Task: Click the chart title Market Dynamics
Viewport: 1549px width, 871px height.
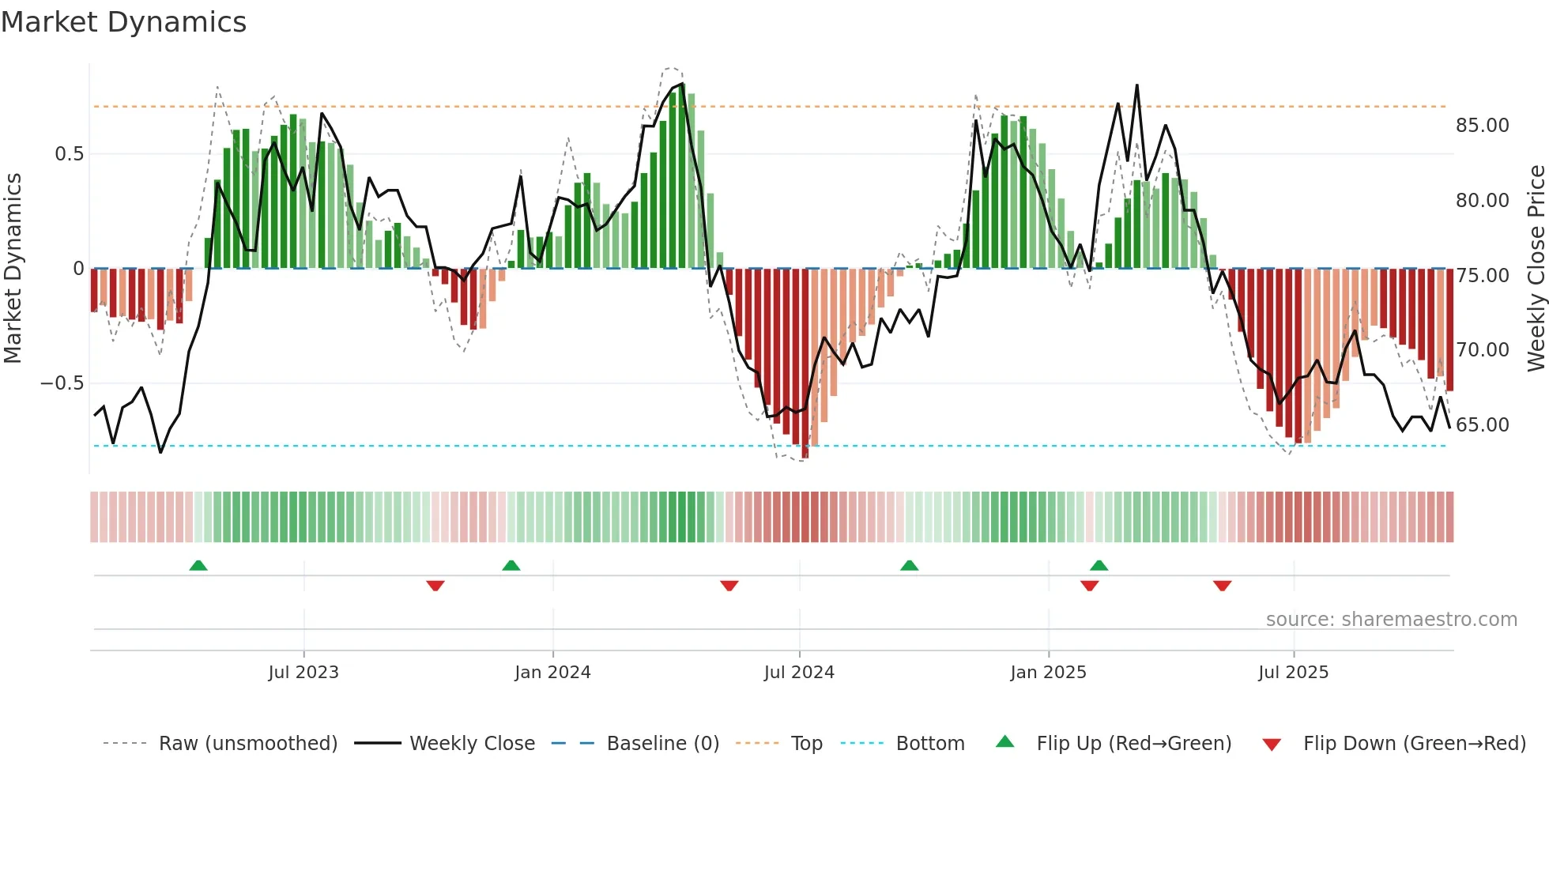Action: pyautogui.click(x=123, y=22)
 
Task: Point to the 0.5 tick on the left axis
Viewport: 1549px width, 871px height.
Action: pyautogui.click(x=69, y=154)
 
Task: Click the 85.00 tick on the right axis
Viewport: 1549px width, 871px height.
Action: pyautogui.click(x=1482, y=126)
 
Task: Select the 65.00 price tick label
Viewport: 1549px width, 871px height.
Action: pyautogui.click(x=1482, y=425)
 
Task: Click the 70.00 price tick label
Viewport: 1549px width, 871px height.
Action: pyautogui.click(x=1482, y=350)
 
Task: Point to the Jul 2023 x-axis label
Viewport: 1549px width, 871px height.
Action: pyautogui.click(x=303, y=673)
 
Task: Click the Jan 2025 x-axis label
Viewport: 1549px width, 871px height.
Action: pyautogui.click(x=1048, y=673)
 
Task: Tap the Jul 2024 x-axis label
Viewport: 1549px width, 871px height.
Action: pyautogui.click(x=799, y=673)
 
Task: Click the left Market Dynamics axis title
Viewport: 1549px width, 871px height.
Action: pyautogui.click(x=13, y=269)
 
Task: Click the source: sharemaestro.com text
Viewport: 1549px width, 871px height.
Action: pyautogui.click(x=1391, y=620)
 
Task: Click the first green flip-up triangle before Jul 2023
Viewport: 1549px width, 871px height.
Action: pyautogui.click(x=198, y=565)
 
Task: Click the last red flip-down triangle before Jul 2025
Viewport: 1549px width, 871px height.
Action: pyautogui.click(x=1222, y=586)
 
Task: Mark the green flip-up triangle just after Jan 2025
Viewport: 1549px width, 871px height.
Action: pyautogui.click(x=1099, y=565)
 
